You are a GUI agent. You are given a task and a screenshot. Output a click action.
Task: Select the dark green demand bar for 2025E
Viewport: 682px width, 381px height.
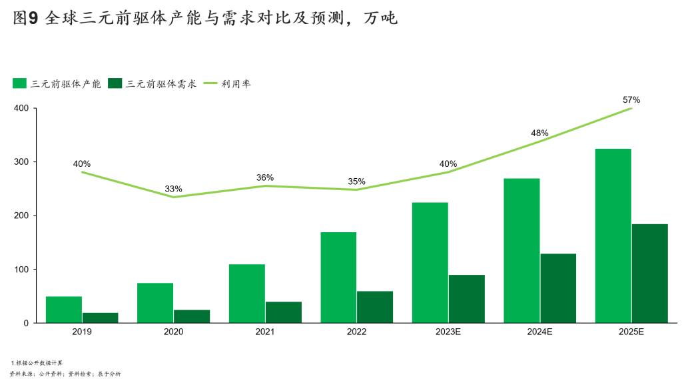649,274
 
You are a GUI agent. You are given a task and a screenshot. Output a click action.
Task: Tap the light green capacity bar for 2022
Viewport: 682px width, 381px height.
338,278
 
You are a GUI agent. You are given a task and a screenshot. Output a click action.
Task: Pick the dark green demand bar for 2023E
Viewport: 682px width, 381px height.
466,299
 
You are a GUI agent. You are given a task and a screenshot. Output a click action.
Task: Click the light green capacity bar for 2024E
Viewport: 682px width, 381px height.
521,251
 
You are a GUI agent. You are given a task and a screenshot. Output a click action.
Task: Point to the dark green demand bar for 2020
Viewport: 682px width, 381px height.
192,316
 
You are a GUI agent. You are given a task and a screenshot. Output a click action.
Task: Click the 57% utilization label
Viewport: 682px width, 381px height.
631,100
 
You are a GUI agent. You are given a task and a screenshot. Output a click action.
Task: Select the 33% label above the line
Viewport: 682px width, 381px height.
174,189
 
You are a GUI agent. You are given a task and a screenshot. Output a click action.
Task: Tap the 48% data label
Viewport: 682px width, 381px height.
539,133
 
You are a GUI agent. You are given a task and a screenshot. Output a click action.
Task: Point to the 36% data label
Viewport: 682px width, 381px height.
265,177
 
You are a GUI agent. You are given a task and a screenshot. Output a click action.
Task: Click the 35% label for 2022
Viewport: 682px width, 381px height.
356,181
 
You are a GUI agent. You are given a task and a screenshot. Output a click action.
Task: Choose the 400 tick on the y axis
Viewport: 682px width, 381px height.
21,108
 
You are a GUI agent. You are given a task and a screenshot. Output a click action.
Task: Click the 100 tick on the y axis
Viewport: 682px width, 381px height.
21,270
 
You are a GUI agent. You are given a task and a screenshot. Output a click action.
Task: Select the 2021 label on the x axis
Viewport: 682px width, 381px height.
265,332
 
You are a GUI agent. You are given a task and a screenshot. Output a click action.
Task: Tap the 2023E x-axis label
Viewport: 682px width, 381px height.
448,332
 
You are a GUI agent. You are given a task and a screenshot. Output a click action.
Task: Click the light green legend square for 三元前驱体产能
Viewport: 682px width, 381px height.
19,83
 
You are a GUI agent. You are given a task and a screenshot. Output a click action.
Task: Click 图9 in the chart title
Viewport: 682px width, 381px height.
25,19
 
